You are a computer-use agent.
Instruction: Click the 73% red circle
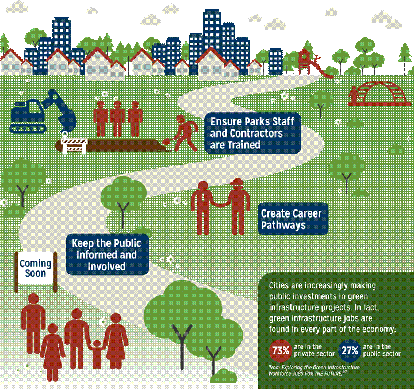(x=280, y=350)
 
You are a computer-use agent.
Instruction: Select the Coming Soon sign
(x=36, y=268)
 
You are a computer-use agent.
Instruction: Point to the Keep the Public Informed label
(x=106, y=253)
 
